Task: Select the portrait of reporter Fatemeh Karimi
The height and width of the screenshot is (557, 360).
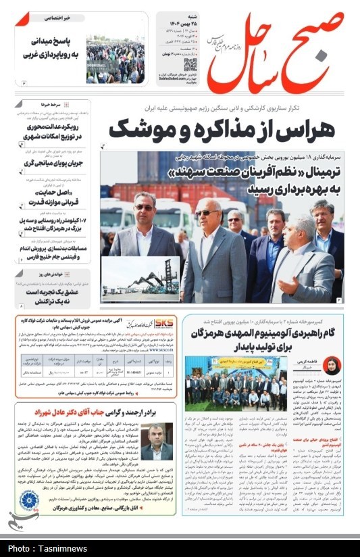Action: pos(332,366)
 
